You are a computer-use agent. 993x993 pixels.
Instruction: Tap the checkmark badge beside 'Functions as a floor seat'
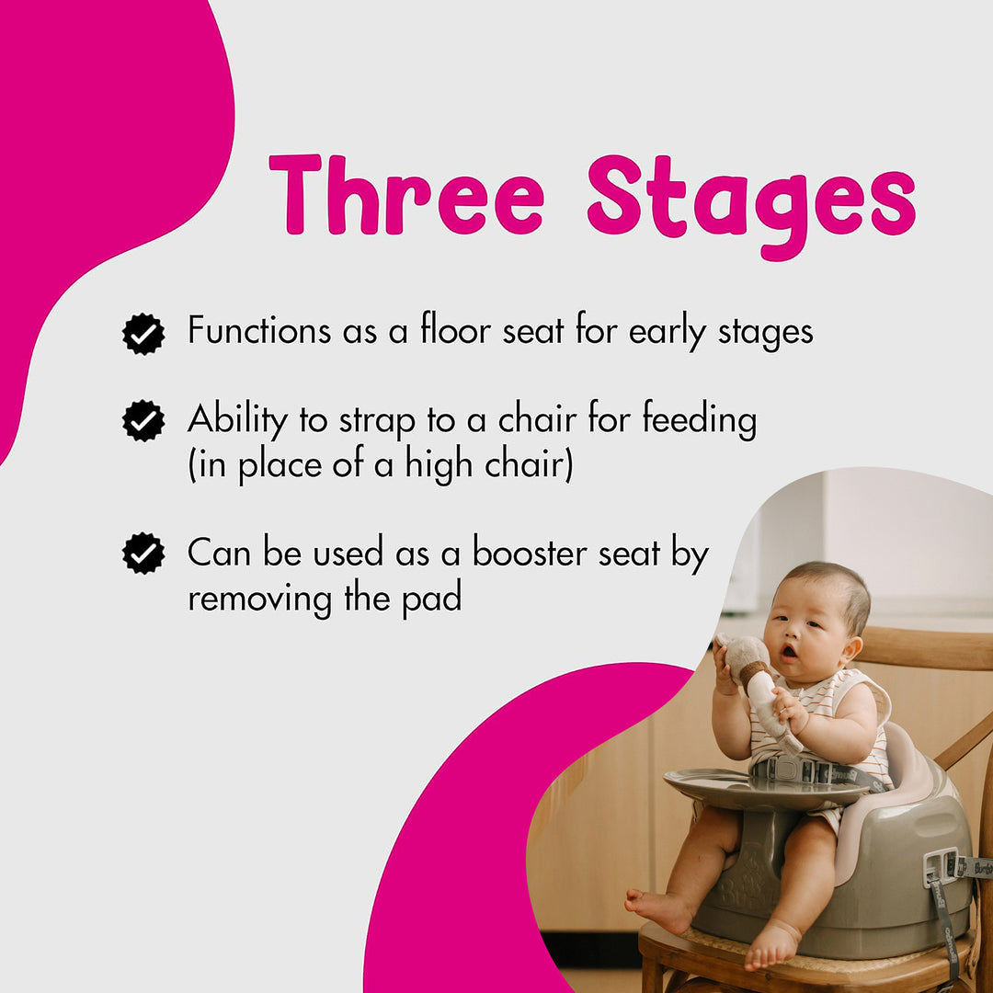point(143,334)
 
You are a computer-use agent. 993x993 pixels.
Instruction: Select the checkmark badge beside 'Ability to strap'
point(143,421)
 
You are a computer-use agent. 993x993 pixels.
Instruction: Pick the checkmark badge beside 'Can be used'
point(143,554)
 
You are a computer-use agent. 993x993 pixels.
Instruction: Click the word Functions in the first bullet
point(259,331)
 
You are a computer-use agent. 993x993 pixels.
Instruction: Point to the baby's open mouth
point(790,651)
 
